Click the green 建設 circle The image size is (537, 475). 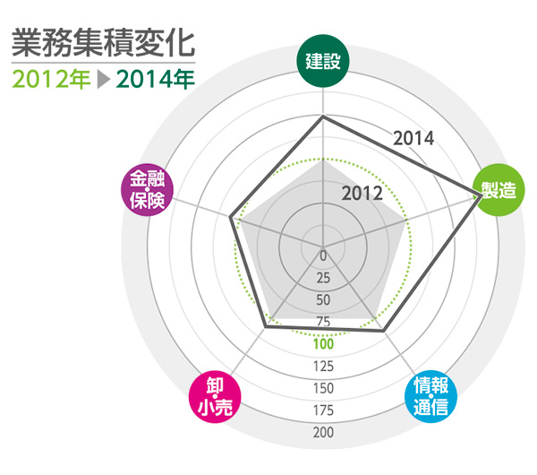pyautogui.click(x=323, y=64)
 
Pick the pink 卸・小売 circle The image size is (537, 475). pyautogui.click(x=215, y=394)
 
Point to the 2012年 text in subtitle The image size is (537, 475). pyautogui.click(x=51, y=79)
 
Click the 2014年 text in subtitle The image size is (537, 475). pyautogui.click(x=155, y=79)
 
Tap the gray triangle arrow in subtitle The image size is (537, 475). pyautogui.click(x=103, y=79)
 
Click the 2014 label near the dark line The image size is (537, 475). pyautogui.click(x=413, y=139)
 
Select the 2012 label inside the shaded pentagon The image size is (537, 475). pyautogui.click(x=362, y=194)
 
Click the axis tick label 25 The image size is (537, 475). pyautogui.click(x=324, y=277)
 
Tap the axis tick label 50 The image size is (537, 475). pyautogui.click(x=324, y=299)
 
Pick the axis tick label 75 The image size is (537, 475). pyautogui.click(x=324, y=322)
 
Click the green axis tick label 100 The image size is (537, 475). pyautogui.click(x=324, y=343)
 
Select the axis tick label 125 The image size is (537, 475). pyautogui.click(x=324, y=366)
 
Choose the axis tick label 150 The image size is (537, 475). pyautogui.click(x=324, y=388)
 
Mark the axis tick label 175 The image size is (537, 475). pyautogui.click(x=324, y=410)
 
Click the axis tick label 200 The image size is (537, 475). pyautogui.click(x=324, y=433)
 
